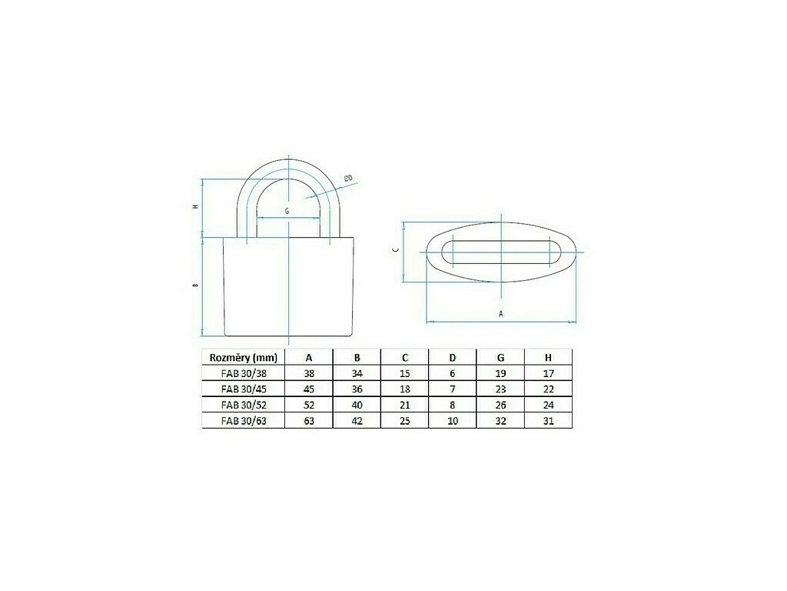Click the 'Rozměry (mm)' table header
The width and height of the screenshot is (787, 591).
[x=243, y=358]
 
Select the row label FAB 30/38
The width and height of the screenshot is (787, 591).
[x=244, y=374]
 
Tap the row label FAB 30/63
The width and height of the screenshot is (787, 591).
[x=244, y=421]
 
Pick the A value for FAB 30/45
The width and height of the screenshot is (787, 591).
[x=309, y=389]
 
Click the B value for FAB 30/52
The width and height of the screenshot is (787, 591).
[x=357, y=405]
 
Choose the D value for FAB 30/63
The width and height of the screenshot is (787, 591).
[x=452, y=421]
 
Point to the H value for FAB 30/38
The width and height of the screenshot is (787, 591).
[x=548, y=374]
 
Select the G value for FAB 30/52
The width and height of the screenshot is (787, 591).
[x=500, y=405]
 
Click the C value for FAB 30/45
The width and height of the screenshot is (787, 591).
[x=404, y=389]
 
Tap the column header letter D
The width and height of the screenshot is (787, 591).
[x=452, y=358]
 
